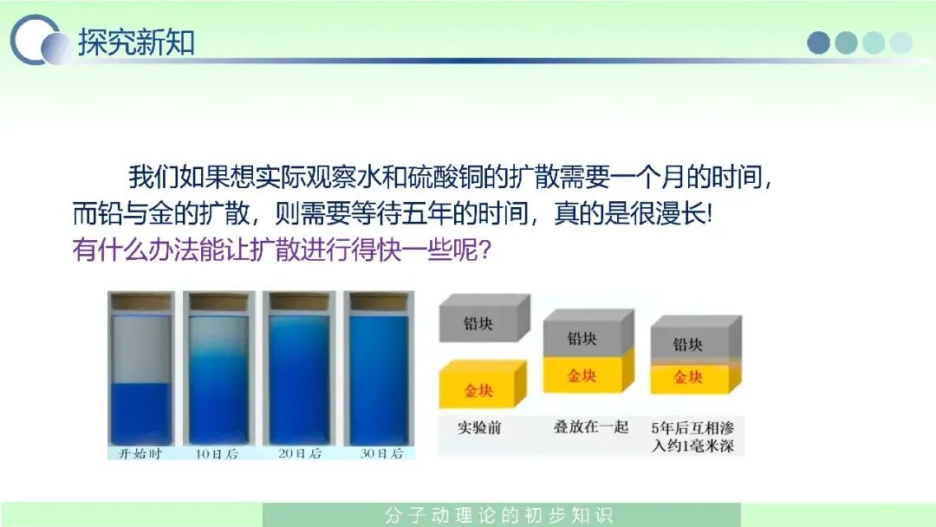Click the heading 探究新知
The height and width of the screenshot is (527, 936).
pos(137,42)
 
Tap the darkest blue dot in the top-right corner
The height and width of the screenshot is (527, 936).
pos(818,43)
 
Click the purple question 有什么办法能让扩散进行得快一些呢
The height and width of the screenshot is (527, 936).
pos(282,250)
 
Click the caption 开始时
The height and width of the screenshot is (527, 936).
pos(140,453)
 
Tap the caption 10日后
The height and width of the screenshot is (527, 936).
pos(218,454)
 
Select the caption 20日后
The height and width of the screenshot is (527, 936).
pos(300,453)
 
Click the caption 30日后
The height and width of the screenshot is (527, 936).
pos(381,453)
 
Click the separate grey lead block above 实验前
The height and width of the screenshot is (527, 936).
pos(484,319)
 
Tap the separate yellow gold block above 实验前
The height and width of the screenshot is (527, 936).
pos(483,384)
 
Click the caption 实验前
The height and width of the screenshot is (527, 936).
pos(479,427)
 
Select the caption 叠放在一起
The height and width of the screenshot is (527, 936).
pos(591,426)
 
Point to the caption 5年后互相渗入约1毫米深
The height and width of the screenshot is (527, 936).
pos(692,437)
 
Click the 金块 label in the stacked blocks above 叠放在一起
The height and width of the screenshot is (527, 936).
pos(582,376)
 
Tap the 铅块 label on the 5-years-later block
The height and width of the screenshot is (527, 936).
pos(687,344)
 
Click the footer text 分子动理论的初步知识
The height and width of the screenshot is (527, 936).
pos(499,515)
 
